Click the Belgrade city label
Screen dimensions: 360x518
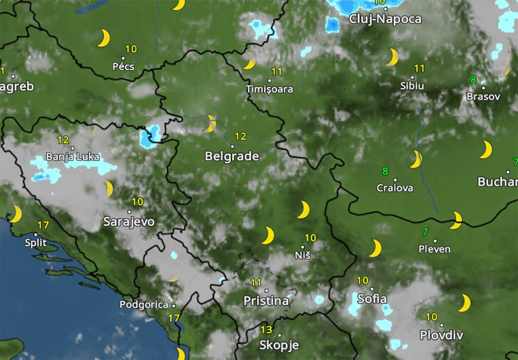click(232, 156)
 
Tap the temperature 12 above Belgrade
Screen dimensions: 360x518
click(240, 136)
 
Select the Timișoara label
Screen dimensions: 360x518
click(269, 89)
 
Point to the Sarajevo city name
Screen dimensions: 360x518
click(129, 222)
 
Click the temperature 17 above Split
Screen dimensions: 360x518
click(43, 225)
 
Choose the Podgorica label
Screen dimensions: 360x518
click(144, 305)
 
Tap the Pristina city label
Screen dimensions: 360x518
click(266, 301)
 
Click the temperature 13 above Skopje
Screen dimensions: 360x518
click(266, 330)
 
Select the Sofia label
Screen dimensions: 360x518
click(372, 298)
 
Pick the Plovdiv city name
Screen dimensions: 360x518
click(441, 335)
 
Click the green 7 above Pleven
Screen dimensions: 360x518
click(425, 232)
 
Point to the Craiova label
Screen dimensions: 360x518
click(395, 188)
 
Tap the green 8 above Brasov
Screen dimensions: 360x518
click(473, 80)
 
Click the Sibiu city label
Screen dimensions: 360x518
click(412, 86)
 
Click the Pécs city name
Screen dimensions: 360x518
click(123, 66)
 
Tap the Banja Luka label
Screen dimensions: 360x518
click(73, 156)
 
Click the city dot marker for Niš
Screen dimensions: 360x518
click(302, 247)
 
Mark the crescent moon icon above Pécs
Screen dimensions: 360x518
click(104, 38)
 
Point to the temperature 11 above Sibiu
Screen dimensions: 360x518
click(419, 68)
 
